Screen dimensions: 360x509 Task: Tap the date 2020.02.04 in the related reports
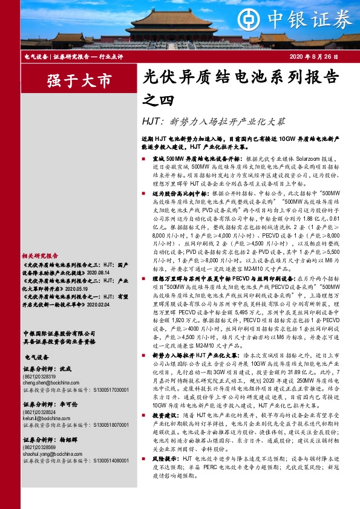tap(88, 305)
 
